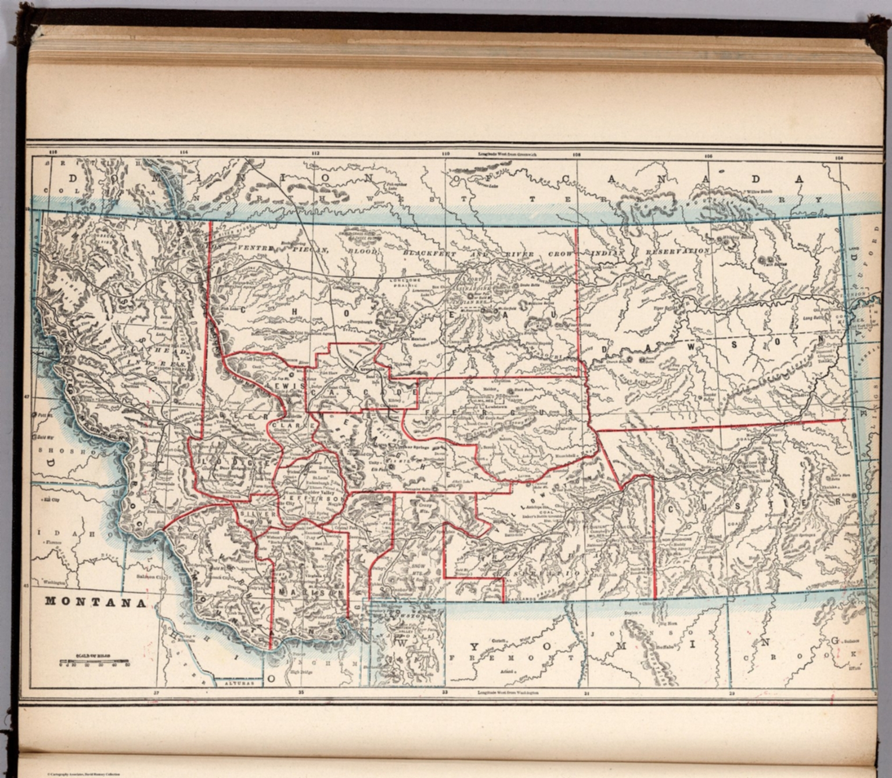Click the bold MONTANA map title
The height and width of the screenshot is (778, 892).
[96, 602]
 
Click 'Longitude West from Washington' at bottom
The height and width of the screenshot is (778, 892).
[508, 693]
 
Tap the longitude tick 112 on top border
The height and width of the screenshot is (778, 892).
[315, 153]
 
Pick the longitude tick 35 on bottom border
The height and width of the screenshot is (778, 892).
[300, 693]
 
